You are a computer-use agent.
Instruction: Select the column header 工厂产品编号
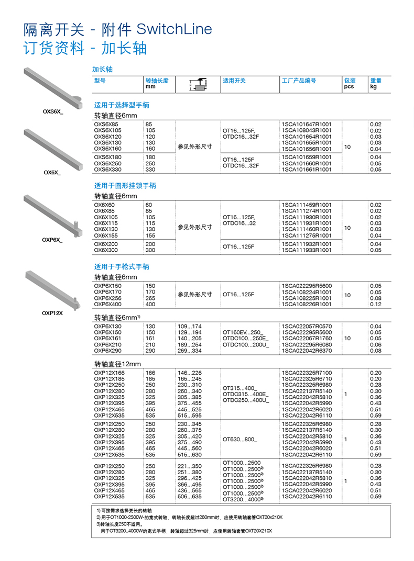point(299,81)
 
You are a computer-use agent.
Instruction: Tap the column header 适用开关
point(234,81)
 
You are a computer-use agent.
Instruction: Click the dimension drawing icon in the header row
point(198,84)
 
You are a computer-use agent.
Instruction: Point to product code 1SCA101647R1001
point(307,124)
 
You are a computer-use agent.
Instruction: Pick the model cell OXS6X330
point(107,170)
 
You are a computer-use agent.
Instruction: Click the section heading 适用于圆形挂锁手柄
point(125,186)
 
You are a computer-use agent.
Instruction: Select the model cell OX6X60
point(104,205)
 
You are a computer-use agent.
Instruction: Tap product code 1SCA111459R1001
point(307,205)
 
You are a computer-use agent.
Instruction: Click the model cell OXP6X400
point(107,304)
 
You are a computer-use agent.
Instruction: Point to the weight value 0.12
point(376,304)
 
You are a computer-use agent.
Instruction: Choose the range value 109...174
point(190,327)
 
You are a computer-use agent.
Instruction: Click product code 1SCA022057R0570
point(307,327)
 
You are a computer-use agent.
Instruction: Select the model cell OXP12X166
point(109,373)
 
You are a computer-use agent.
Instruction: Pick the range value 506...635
point(190,497)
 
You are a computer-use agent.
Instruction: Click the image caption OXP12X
point(52,313)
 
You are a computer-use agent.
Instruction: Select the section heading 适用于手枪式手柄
point(122,266)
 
